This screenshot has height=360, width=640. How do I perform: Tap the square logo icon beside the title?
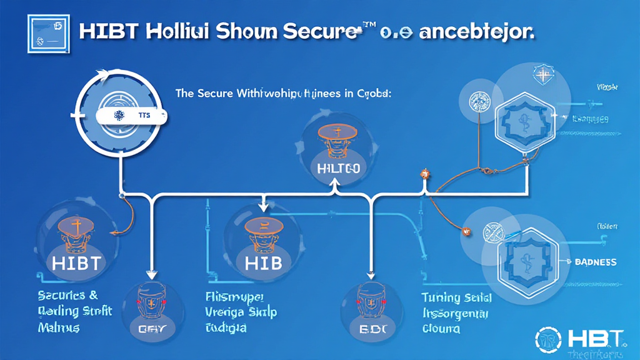[x=47, y=32]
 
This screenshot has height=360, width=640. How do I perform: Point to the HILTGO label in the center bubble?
[x=334, y=169]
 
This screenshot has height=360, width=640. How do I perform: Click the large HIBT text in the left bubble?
[x=76, y=262]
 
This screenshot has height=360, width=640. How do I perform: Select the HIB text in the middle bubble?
[x=263, y=262]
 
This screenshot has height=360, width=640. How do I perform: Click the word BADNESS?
[x=596, y=262]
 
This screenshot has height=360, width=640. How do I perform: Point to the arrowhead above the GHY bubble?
[x=150, y=273]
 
